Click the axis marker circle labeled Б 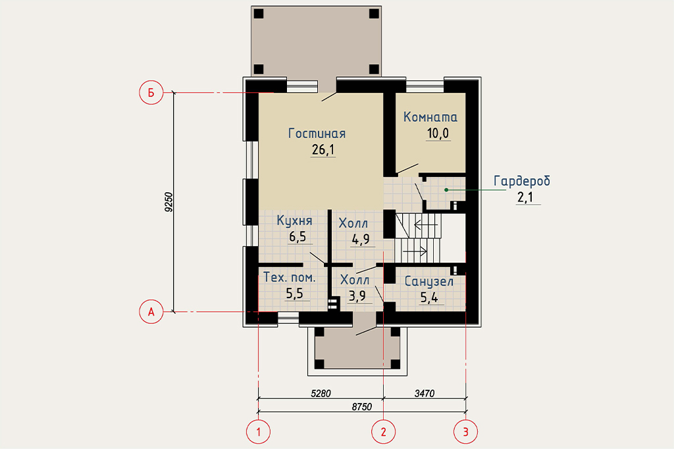(151, 92)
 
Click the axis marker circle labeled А (151, 312)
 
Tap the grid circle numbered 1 (258, 431)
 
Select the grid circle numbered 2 (384, 431)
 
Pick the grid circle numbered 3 (466, 431)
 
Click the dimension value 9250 (168, 202)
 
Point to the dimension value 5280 (321, 393)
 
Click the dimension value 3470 (425, 393)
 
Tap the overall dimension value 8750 (362, 406)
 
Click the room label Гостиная (317, 134)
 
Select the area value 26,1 (323, 149)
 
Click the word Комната (430, 117)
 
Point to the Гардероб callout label (522, 180)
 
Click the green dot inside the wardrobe (446, 190)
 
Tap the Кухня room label (294, 221)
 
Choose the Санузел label (429, 281)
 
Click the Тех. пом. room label (290, 277)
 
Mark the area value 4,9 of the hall (361, 239)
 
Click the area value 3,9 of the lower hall (357, 296)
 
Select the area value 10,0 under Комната (438, 134)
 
